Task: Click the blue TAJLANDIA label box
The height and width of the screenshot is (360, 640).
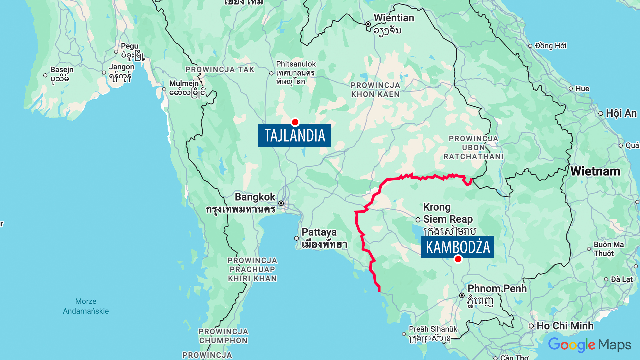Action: click(295, 136)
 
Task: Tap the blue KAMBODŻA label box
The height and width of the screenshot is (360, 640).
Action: click(457, 247)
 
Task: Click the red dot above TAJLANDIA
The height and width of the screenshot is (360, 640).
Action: click(295, 122)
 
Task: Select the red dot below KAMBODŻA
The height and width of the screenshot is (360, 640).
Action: click(458, 259)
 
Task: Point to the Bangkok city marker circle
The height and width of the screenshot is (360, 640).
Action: click(281, 203)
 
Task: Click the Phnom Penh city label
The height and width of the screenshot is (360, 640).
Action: click(497, 289)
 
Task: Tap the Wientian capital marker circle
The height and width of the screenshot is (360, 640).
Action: click(368, 24)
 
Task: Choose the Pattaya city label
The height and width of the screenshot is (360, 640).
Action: click(319, 232)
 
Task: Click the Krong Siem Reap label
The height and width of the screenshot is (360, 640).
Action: click(448, 213)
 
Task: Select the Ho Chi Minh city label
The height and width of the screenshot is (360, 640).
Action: click(565, 326)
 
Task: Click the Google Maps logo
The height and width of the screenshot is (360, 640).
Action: click(589, 345)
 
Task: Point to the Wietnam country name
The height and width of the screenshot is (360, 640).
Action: click(595, 171)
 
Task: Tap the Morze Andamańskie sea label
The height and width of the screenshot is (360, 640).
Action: click(86, 306)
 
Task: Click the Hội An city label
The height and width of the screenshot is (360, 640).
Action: click(621, 113)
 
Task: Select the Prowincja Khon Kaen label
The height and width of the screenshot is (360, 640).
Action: click(375, 90)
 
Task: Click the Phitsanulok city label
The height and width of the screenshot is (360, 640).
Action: click(296, 64)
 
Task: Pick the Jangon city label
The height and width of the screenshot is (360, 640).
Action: click(122, 67)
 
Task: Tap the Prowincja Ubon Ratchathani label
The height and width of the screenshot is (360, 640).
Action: click(473, 147)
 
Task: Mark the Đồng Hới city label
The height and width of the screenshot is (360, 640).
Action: click(550, 46)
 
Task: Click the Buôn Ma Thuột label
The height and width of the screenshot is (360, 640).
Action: click(608, 249)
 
